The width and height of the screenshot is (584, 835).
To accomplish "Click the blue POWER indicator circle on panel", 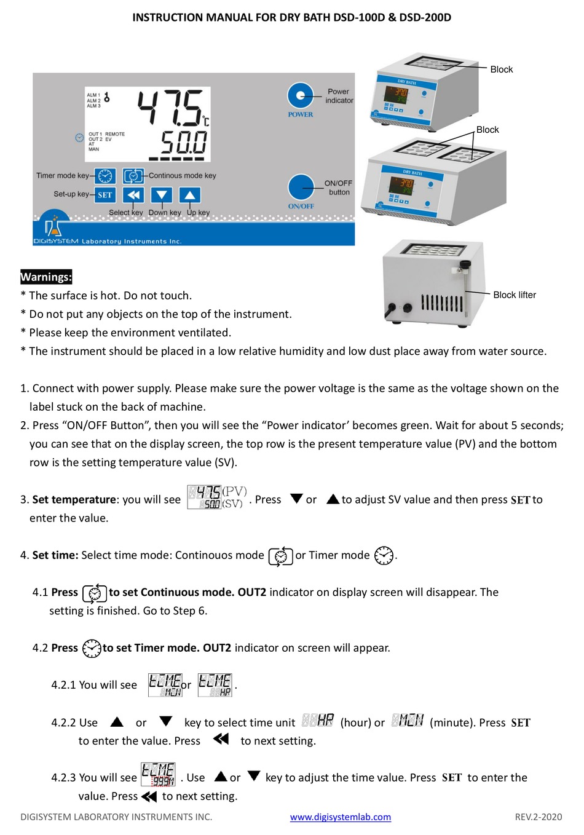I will [300, 95].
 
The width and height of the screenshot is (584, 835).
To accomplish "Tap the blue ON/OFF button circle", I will [301, 187].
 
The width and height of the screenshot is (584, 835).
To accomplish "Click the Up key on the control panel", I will [190, 196].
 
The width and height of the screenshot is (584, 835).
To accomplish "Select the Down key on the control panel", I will [161, 196].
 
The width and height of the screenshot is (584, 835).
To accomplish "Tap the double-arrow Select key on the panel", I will [133, 196].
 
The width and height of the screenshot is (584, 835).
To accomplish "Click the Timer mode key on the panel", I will [105, 176].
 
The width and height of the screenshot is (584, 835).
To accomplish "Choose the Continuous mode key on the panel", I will [133, 176].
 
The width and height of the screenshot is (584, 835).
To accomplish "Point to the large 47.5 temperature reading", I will [170, 108].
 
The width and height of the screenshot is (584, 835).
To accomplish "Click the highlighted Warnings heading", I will [46, 277].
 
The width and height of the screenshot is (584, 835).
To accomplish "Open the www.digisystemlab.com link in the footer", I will [340, 817].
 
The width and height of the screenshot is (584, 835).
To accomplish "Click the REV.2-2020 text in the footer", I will [538, 817].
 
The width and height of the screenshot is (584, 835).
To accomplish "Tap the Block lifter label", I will [514, 295].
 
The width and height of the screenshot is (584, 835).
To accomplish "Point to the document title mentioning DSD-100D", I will [291, 17].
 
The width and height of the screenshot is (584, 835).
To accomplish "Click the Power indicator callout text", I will [339, 96].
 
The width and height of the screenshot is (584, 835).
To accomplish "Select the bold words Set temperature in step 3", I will [74, 499].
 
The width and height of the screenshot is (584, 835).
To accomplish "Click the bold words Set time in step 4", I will [55, 555].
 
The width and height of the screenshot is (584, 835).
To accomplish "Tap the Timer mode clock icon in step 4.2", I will [92, 648].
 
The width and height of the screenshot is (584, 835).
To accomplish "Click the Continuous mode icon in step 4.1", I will [95, 593].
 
